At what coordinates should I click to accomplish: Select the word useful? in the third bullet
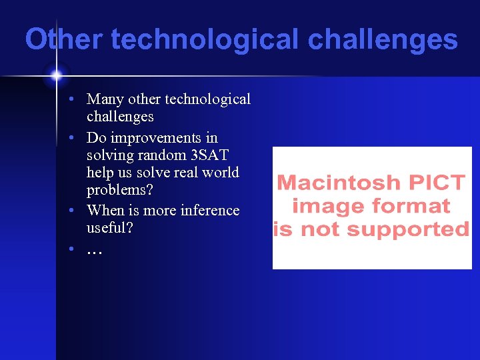coord(109,227)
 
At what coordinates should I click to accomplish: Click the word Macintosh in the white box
coord(339,183)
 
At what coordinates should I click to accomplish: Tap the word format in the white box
coord(413,207)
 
